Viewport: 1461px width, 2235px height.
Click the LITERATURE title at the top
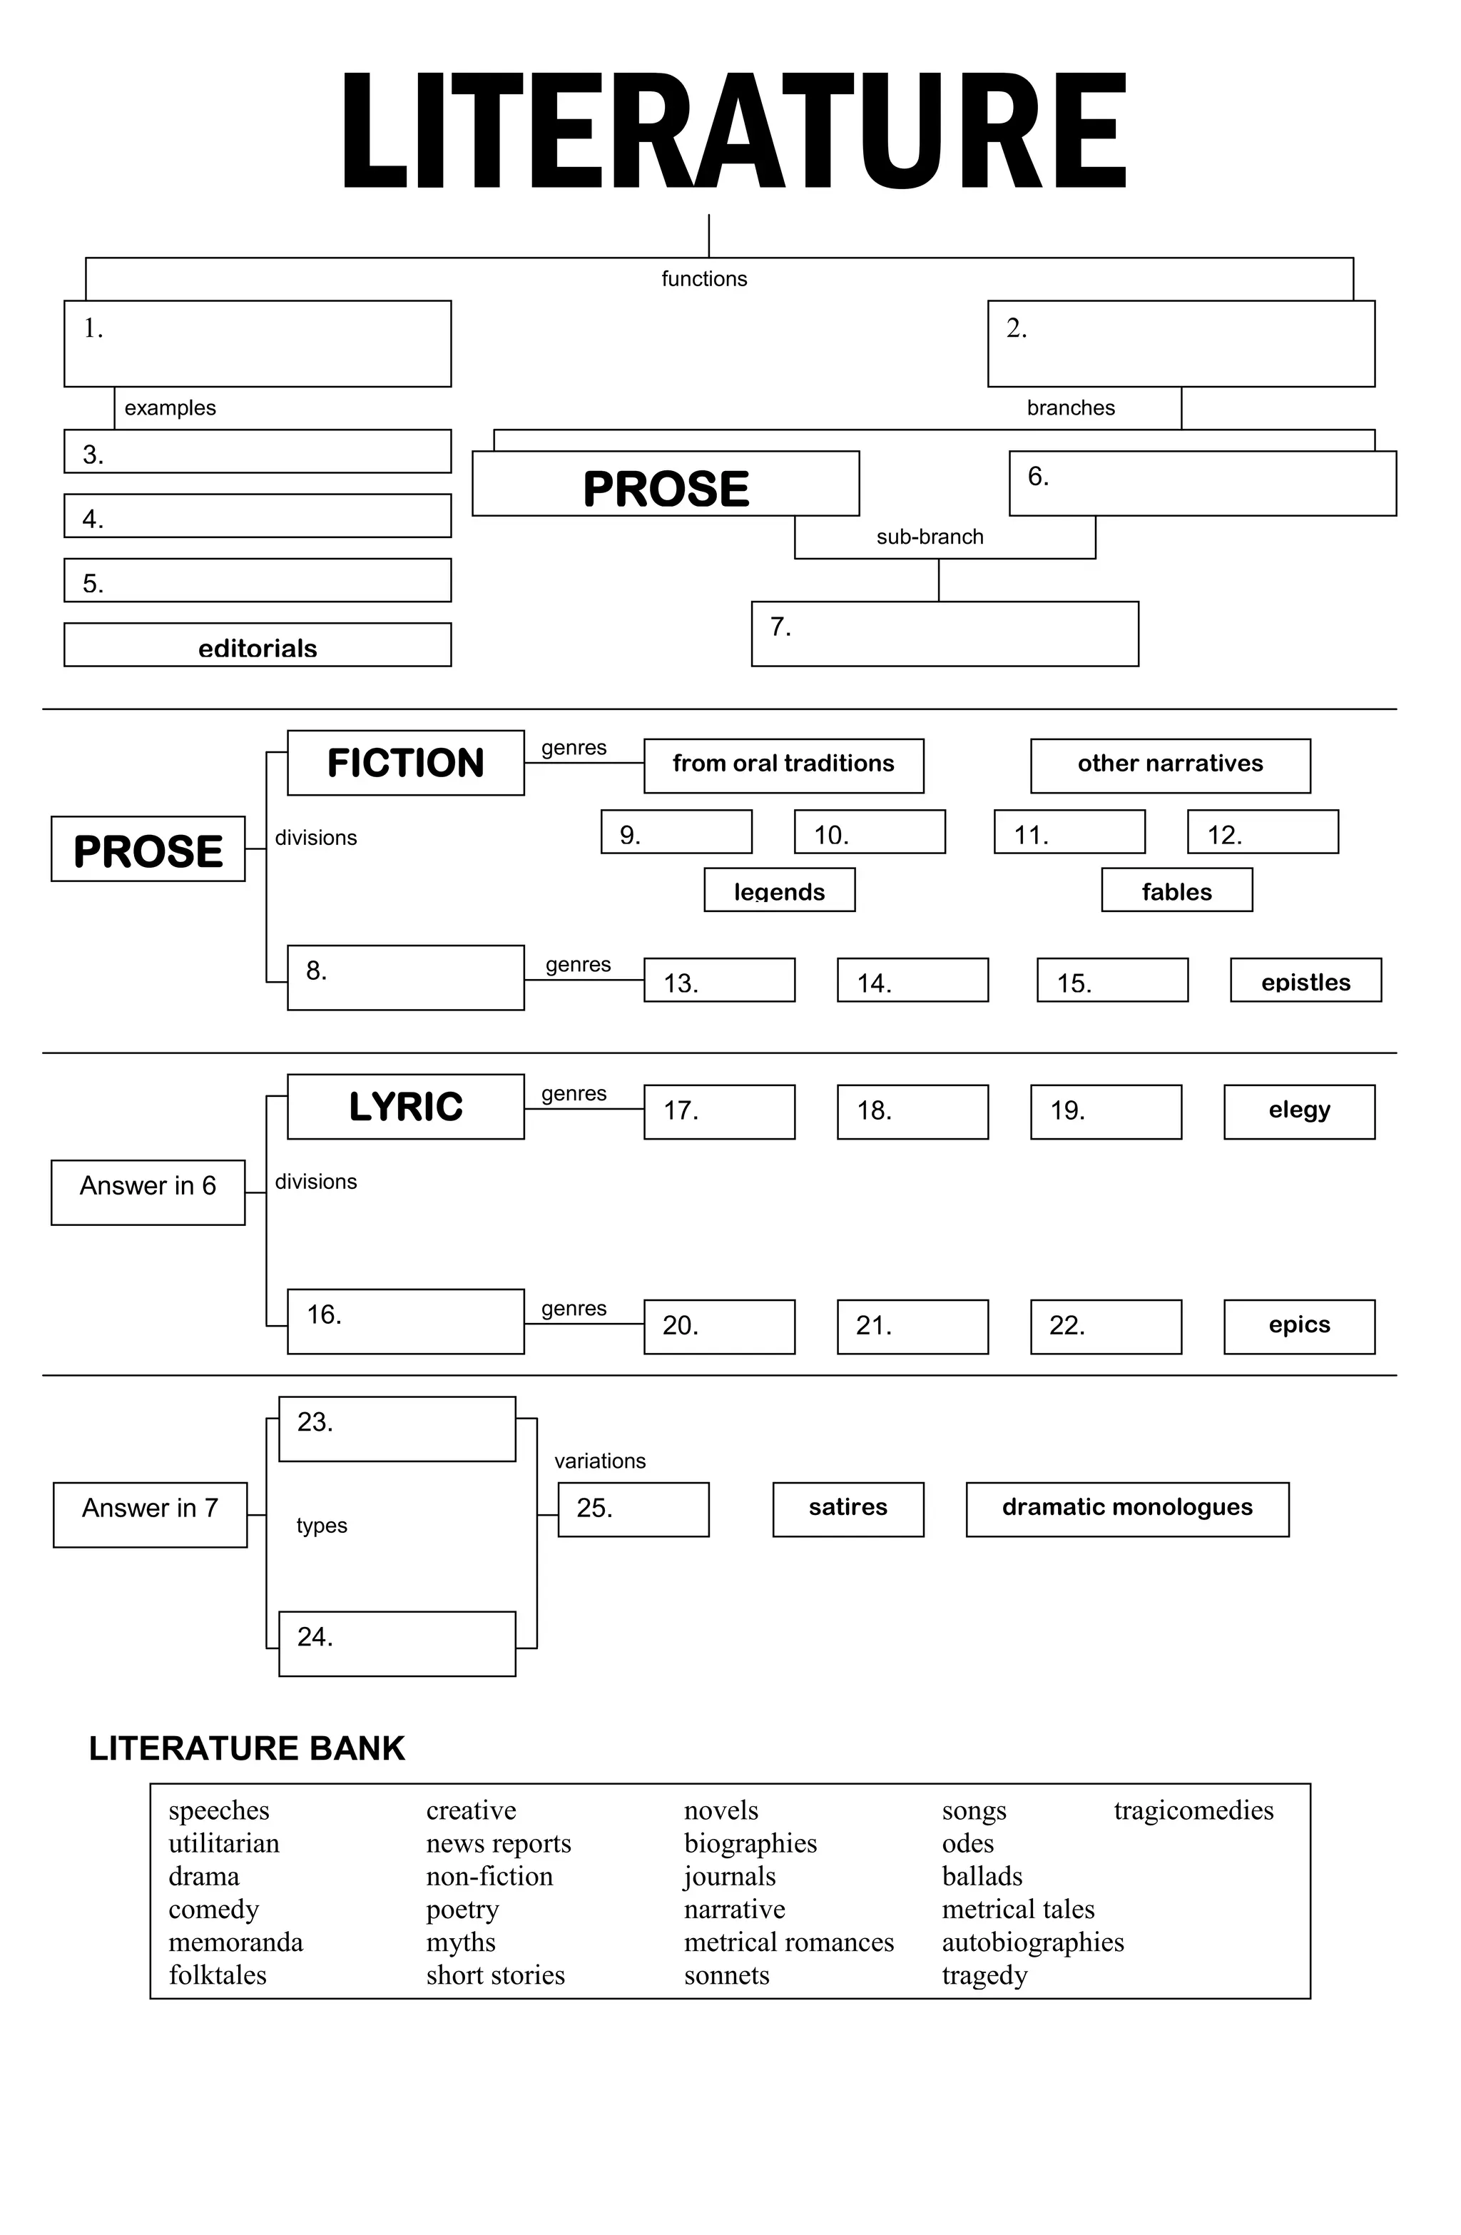coord(733,131)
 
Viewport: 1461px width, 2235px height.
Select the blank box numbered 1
coord(258,344)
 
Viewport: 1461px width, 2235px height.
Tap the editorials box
coord(258,645)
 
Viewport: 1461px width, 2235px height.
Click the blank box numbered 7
coord(945,634)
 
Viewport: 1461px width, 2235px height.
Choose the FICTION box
coord(406,763)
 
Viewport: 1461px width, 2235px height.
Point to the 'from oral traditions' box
coord(783,766)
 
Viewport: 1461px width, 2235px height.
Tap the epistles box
coord(1305,980)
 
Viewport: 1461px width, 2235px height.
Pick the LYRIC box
coord(406,1106)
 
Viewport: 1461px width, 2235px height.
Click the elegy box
coord(1298,1112)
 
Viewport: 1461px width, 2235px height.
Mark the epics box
coord(1298,1326)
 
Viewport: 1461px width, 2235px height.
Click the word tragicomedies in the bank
coord(1193,1810)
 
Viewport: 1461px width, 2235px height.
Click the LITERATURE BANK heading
coord(247,1748)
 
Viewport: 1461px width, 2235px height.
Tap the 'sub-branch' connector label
coord(930,537)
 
